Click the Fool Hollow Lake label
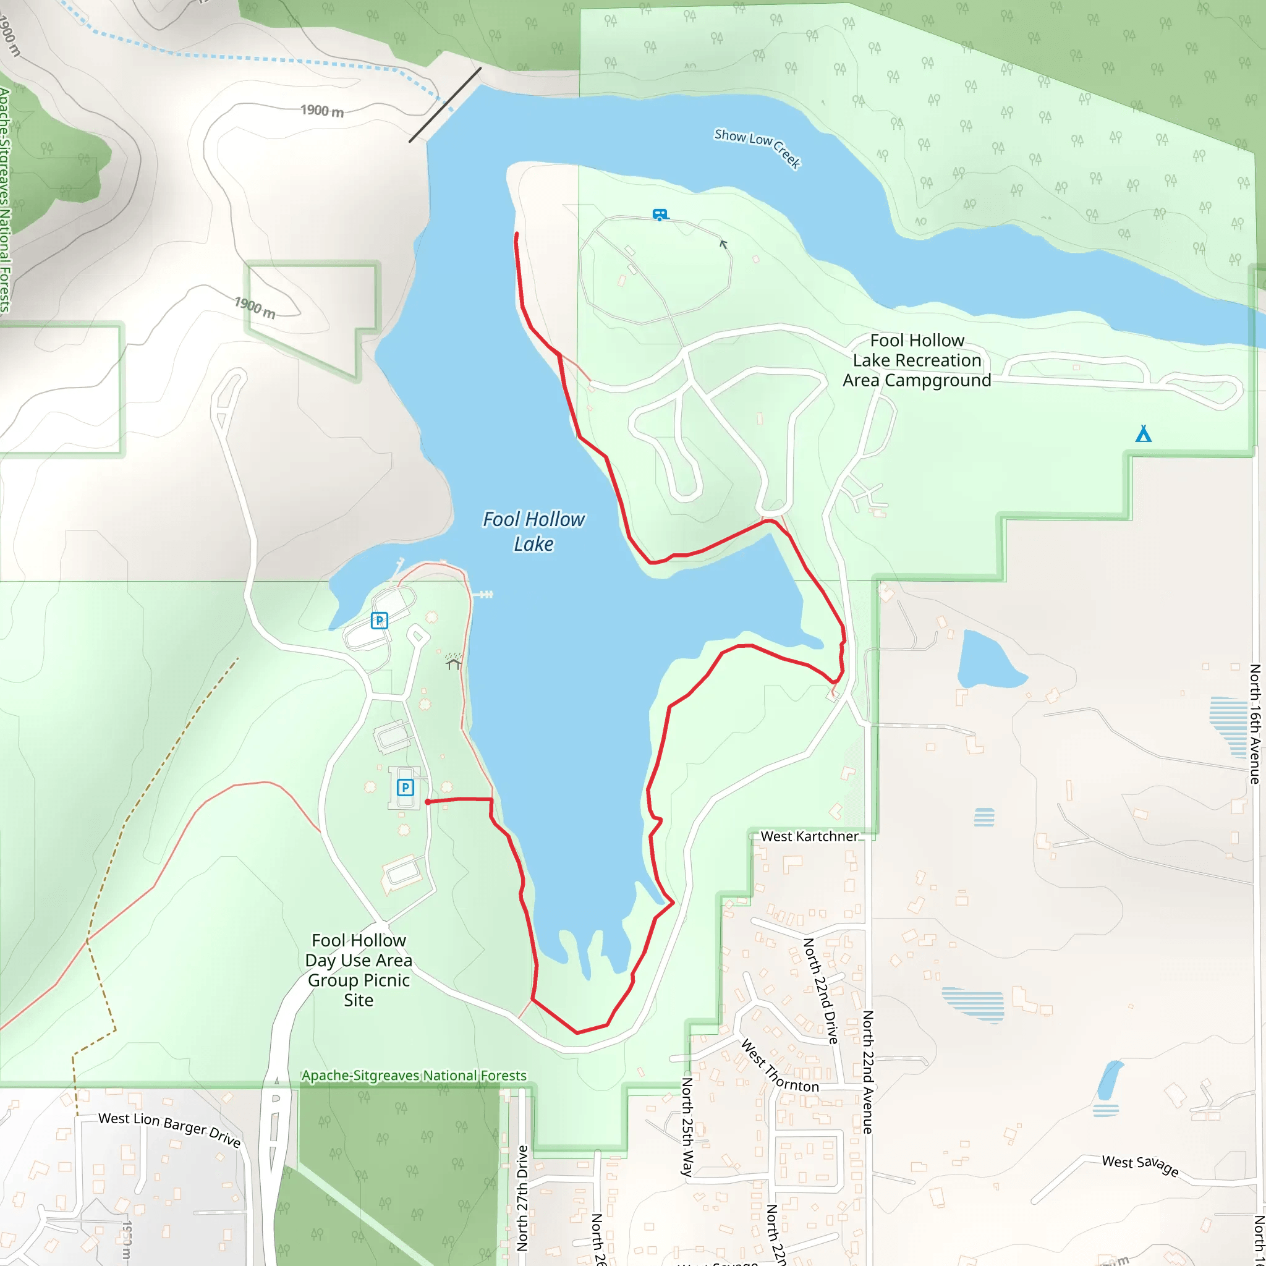pyautogui.click(x=533, y=532)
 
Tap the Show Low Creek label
pyautogui.click(x=757, y=148)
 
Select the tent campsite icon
pyautogui.click(x=1143, y=434)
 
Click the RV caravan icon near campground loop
pyautogui.click(x=660, y=215)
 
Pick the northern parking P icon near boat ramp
pyautogui.click(x=380, y=620)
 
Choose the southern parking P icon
pyautogui.click(x=405, y=787)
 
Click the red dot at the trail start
pyautogui.click(x=428, y=801)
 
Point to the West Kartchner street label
pyautogui.click(x=809, y=836)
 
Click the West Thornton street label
pyautogui.click(x=779, y=1066)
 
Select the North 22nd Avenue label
pyautogui.click(x=867, y=1071)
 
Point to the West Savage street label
pyautogui.click(x=1139, y=1166)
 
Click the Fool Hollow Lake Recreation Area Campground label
pyautogui.click(x=916, y=360)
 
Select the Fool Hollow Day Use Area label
pyautogui.click(x=359, y=970)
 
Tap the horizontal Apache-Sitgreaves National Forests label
pyautogui.click(x=414, y=1076)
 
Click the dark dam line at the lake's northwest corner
pyautogui.click(x=445, y=105)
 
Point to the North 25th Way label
pyautogui.click(x=687, y=1126)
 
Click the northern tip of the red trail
pyautogui.click(x=517, y=234)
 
